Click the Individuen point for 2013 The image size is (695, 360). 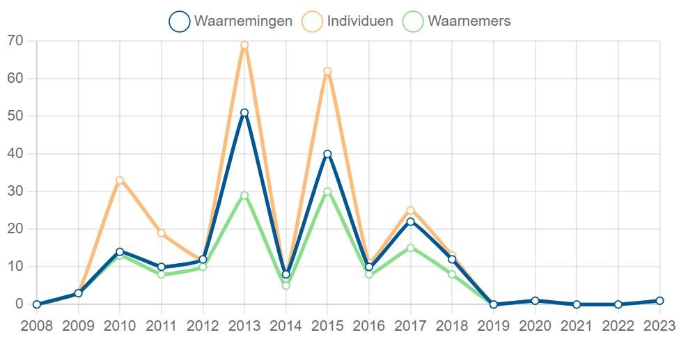(244, 45)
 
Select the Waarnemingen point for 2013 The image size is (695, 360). (244, 113)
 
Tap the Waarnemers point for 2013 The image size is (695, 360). (244, 196)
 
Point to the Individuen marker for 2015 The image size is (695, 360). (327, 71)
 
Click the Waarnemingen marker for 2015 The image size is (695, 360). (327, 154)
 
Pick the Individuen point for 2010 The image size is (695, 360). (120, 180)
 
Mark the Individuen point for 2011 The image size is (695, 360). (162, 233)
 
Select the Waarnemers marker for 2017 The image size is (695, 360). (411, 248)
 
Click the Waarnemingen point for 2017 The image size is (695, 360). (411, 221)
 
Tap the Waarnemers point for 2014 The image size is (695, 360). (286, 285)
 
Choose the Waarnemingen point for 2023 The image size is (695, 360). (659, 301)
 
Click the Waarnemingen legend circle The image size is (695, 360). (179, 22)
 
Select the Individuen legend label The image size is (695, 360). (360, 22)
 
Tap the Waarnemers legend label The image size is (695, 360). (469, 22)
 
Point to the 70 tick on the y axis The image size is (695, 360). (15, 41)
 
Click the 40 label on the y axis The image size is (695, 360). (15, 154)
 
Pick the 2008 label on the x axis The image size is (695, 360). (36, 326)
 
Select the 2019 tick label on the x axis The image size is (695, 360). (494, 326)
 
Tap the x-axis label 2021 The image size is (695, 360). (577, 326)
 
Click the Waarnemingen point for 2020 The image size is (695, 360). (535, 301)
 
